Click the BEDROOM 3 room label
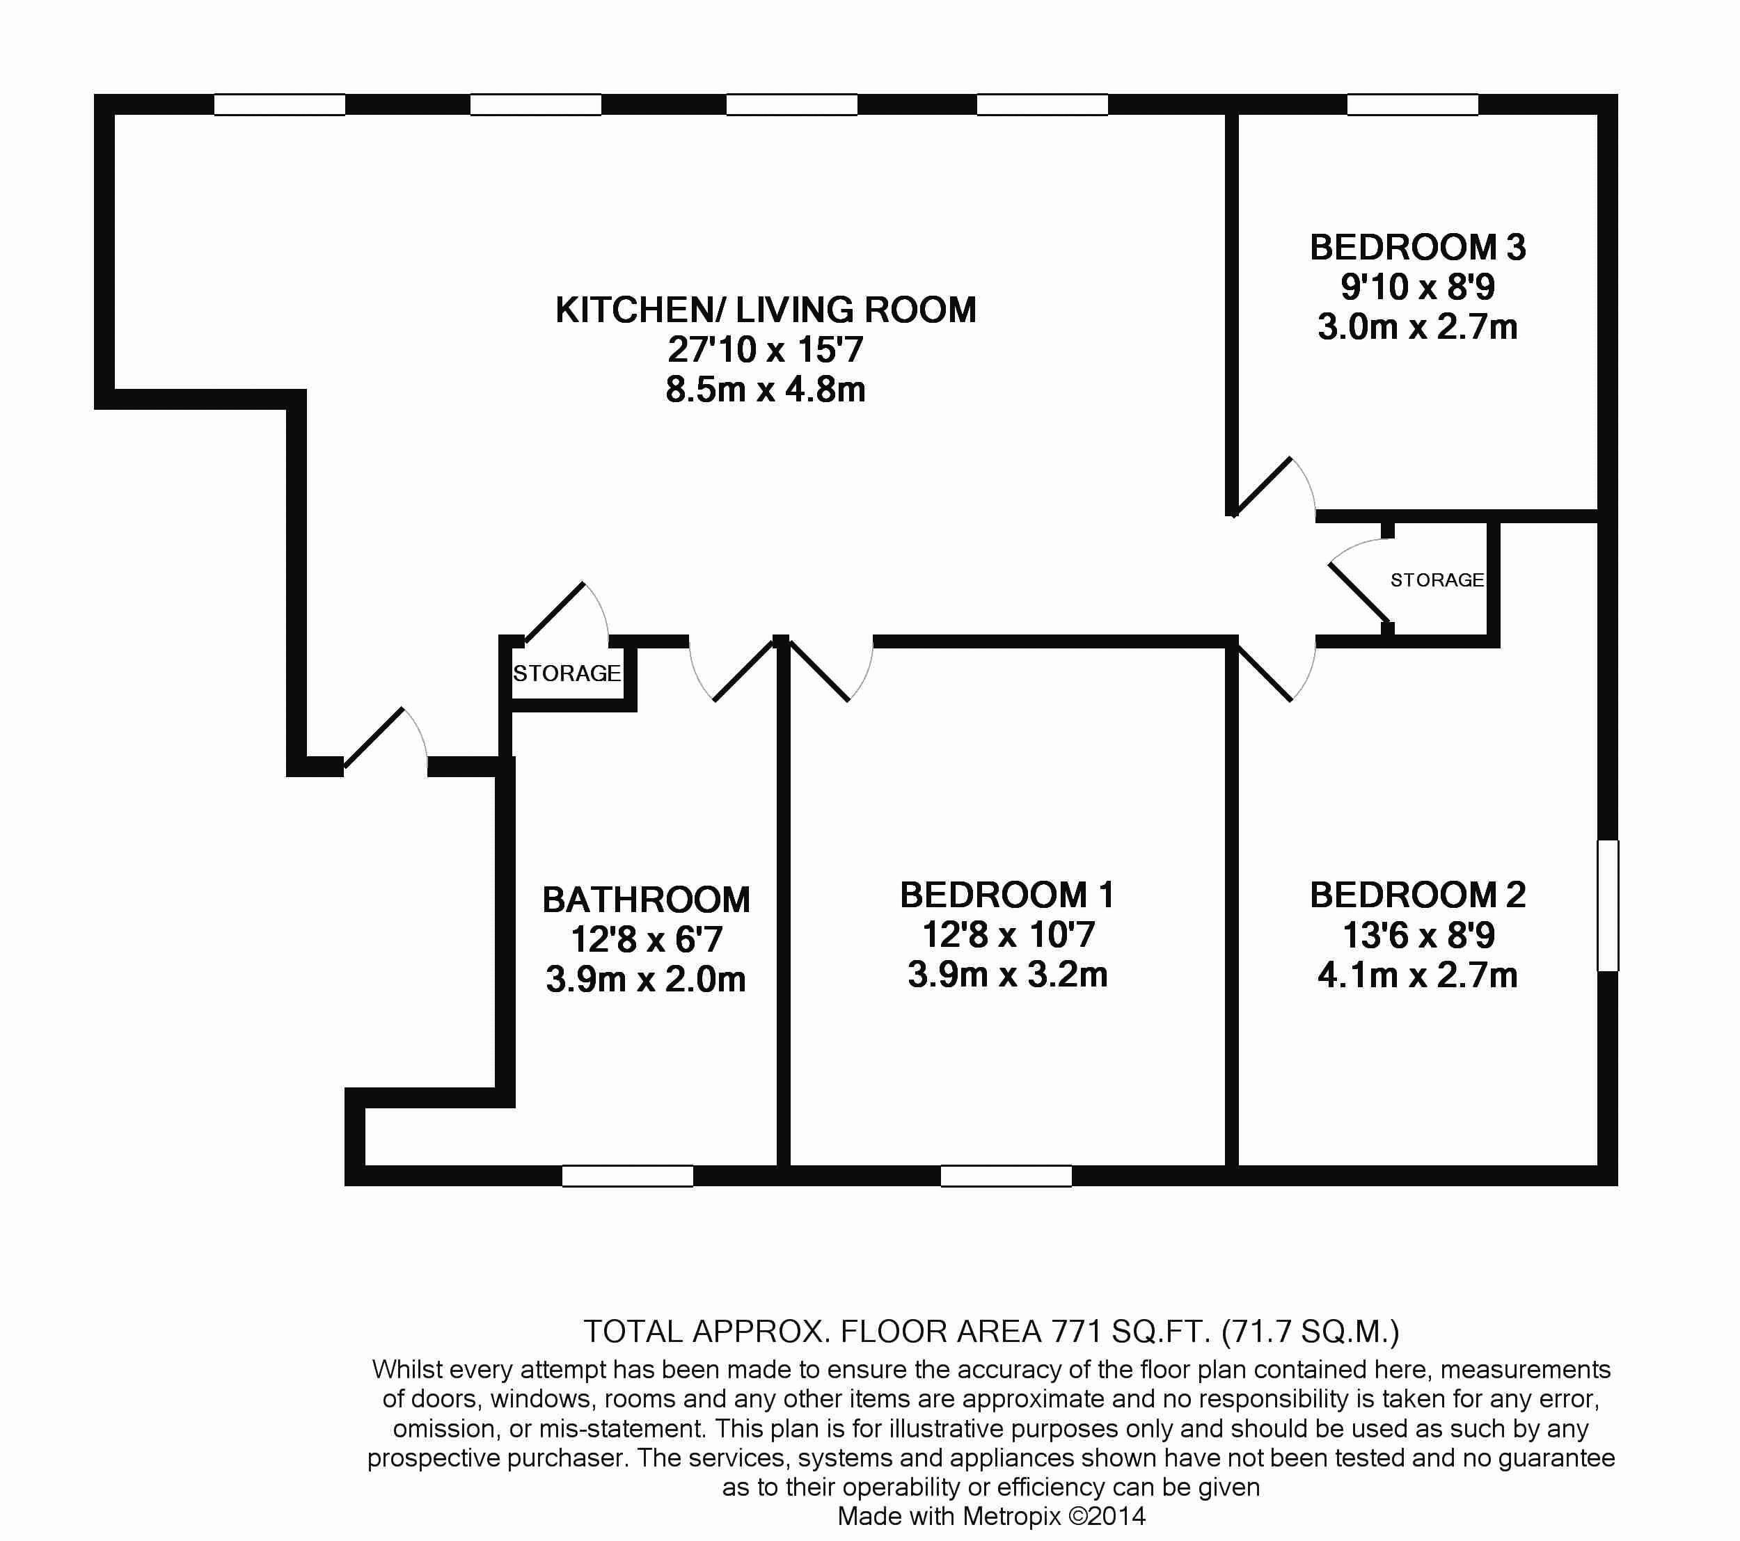pyautogui.click(x=1417, y=248)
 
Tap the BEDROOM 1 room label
pyautogui.click(x=1007, y=895)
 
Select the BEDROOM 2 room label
pyautogui.click(x=1417, y=895)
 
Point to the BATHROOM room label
pyautogui.click(x=646, y=900)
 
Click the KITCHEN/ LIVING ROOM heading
pyautogui.click(x=766, y=310)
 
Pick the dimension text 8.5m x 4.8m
pyautogui.click(x=766, y=390)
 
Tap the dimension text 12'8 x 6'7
pyautogui.click(x=646, y=939)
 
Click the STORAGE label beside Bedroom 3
pyautogui.click(x=1437, y=580)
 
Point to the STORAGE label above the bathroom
pyautogui.click(x=567, y=673)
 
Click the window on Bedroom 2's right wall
pyautogui.click(x=1607, y=905)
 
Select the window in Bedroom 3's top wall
pyautogui.click(x=1412, y=104)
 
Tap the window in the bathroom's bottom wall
pyautogui.click(x=627, y=1176)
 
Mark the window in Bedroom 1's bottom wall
pyautogui.click(x=1006, y=1176)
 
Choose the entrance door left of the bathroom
pyautogui.click(x=385, y=740)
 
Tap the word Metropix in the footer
pyautogui.click(x=1011, y=1515)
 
